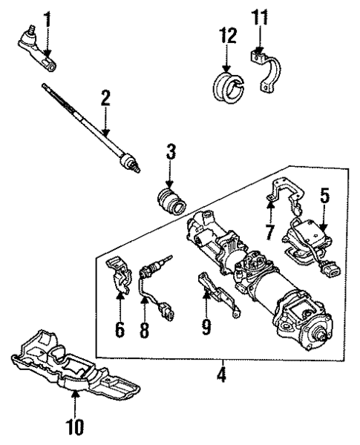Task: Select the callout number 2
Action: [x=106, y=97]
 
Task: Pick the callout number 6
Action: [x=120, y=329]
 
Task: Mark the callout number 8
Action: [x=144, y=332]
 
